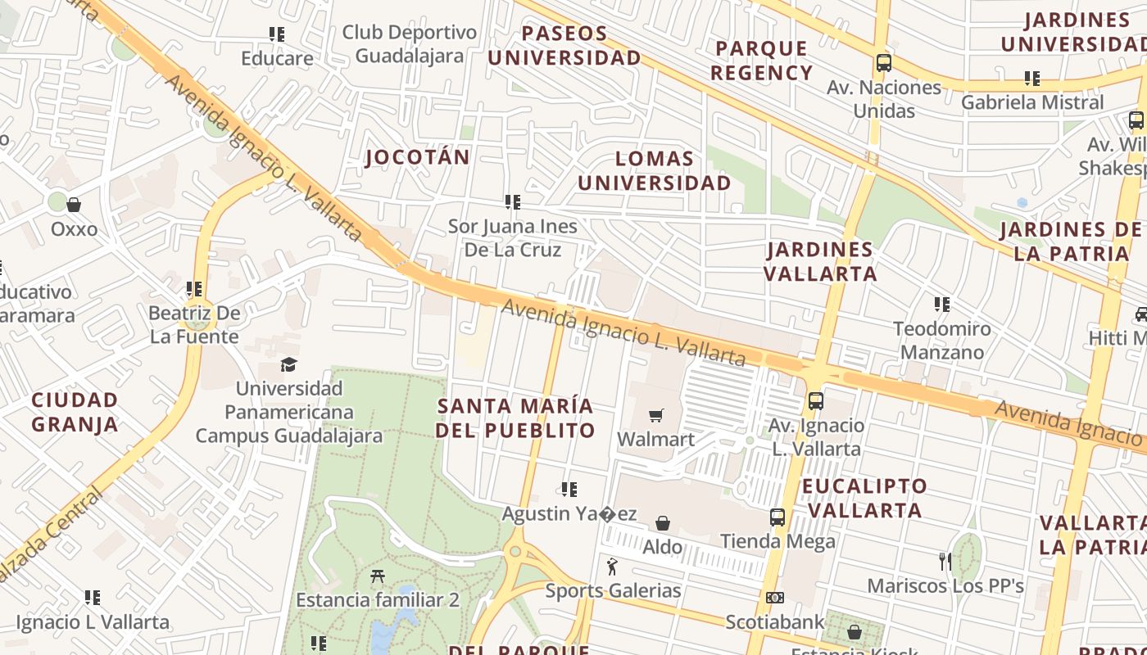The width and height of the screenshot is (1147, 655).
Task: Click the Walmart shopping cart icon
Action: [x=655, y=415]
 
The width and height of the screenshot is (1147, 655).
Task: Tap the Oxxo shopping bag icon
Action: [x=74, y=205]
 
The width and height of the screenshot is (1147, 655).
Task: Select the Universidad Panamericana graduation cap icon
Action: [x=288, y=364]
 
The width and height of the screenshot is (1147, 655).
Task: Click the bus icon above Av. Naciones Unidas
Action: [x=883, y=63]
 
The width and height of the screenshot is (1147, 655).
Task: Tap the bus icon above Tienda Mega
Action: [x=777, y=517]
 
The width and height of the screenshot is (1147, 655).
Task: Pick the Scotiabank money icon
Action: [x=774, y=598]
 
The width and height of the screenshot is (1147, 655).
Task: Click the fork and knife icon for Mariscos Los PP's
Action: [x=945, y=562]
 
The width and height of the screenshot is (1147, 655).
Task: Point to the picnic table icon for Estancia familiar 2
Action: [x=378, y=576]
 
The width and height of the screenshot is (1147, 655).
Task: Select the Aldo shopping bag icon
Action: [x=663, y=522]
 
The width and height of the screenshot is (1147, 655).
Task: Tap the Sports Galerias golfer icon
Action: [x=612, y=567]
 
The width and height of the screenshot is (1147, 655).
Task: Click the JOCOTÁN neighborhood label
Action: [x=418, y=157]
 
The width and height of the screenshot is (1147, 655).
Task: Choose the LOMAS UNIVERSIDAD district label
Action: [x=654, y=170]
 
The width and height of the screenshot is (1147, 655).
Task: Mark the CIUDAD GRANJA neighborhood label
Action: [x=75, y=412]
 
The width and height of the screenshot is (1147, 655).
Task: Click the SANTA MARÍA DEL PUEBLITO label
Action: [x=515, y=418]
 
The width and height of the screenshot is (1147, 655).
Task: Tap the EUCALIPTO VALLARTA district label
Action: [x=864, y=498]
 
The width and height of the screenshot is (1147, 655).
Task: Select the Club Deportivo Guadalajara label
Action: [x=410, y=44]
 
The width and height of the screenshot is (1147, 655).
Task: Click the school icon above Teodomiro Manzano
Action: [x=942, y=305]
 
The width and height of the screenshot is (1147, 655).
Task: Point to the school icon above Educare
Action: [x=277, y=34]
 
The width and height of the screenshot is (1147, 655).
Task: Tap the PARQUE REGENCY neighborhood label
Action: [x=761, y=61]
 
